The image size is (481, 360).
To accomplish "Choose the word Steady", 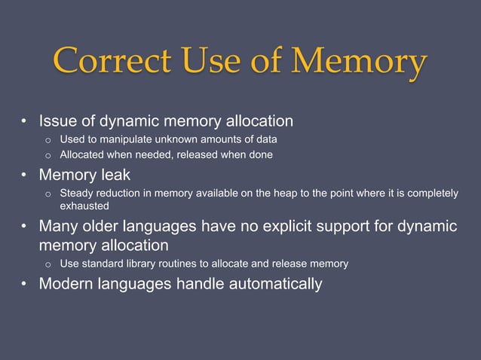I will click(x=77, y=194).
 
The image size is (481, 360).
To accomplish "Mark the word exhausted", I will click(x=84, y=206).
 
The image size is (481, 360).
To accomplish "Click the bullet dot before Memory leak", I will click(x=25, y=176).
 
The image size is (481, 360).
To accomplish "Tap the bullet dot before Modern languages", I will click(x=25, y=285).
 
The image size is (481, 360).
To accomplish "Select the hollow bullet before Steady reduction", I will click(x=47, y=194).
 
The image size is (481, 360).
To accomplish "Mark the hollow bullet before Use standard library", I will click(x=47, y=265).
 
